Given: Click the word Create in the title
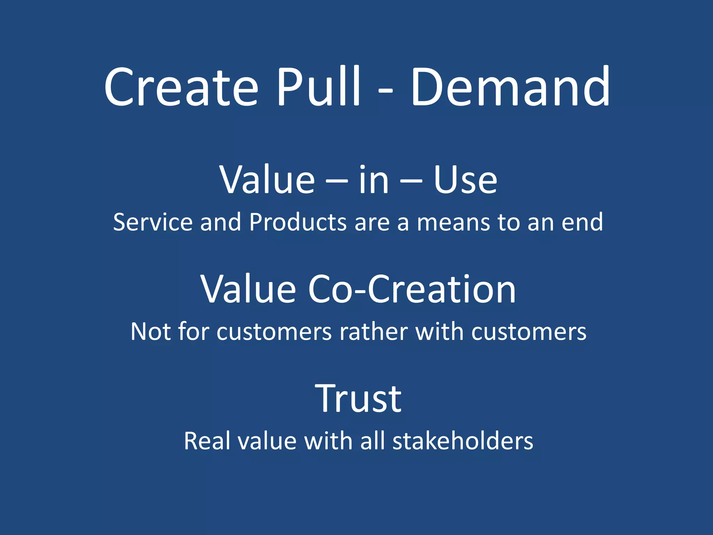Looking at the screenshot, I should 181,87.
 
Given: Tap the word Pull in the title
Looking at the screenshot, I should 319,87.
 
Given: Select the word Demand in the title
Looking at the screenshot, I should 510,87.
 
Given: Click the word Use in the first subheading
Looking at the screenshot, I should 465,180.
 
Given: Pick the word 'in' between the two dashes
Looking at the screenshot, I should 374,180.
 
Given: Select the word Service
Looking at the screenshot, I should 152,222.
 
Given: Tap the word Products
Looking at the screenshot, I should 298,222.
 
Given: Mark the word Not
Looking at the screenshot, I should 151,332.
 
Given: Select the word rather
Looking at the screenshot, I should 373,332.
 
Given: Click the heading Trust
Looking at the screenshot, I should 358,398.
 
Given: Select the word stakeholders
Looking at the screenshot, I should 463,441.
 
